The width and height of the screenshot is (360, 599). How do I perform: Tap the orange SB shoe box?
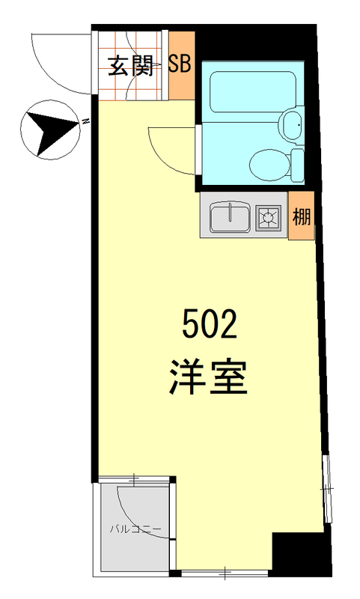pyautogui.click(x=180, y=64)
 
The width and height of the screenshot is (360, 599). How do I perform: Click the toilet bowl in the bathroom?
pyautogui.click(x=268, y=163)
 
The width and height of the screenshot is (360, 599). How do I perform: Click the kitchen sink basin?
pyautogui.click(x=230, y=218)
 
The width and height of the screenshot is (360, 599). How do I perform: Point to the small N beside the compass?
pyautogui.click(x=86, y=121)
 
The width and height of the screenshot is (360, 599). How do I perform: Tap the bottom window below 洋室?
pyautogui.click(x=225, y=574)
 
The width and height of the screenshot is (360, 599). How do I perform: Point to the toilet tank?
pyautogui.click(x=297, y=162)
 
